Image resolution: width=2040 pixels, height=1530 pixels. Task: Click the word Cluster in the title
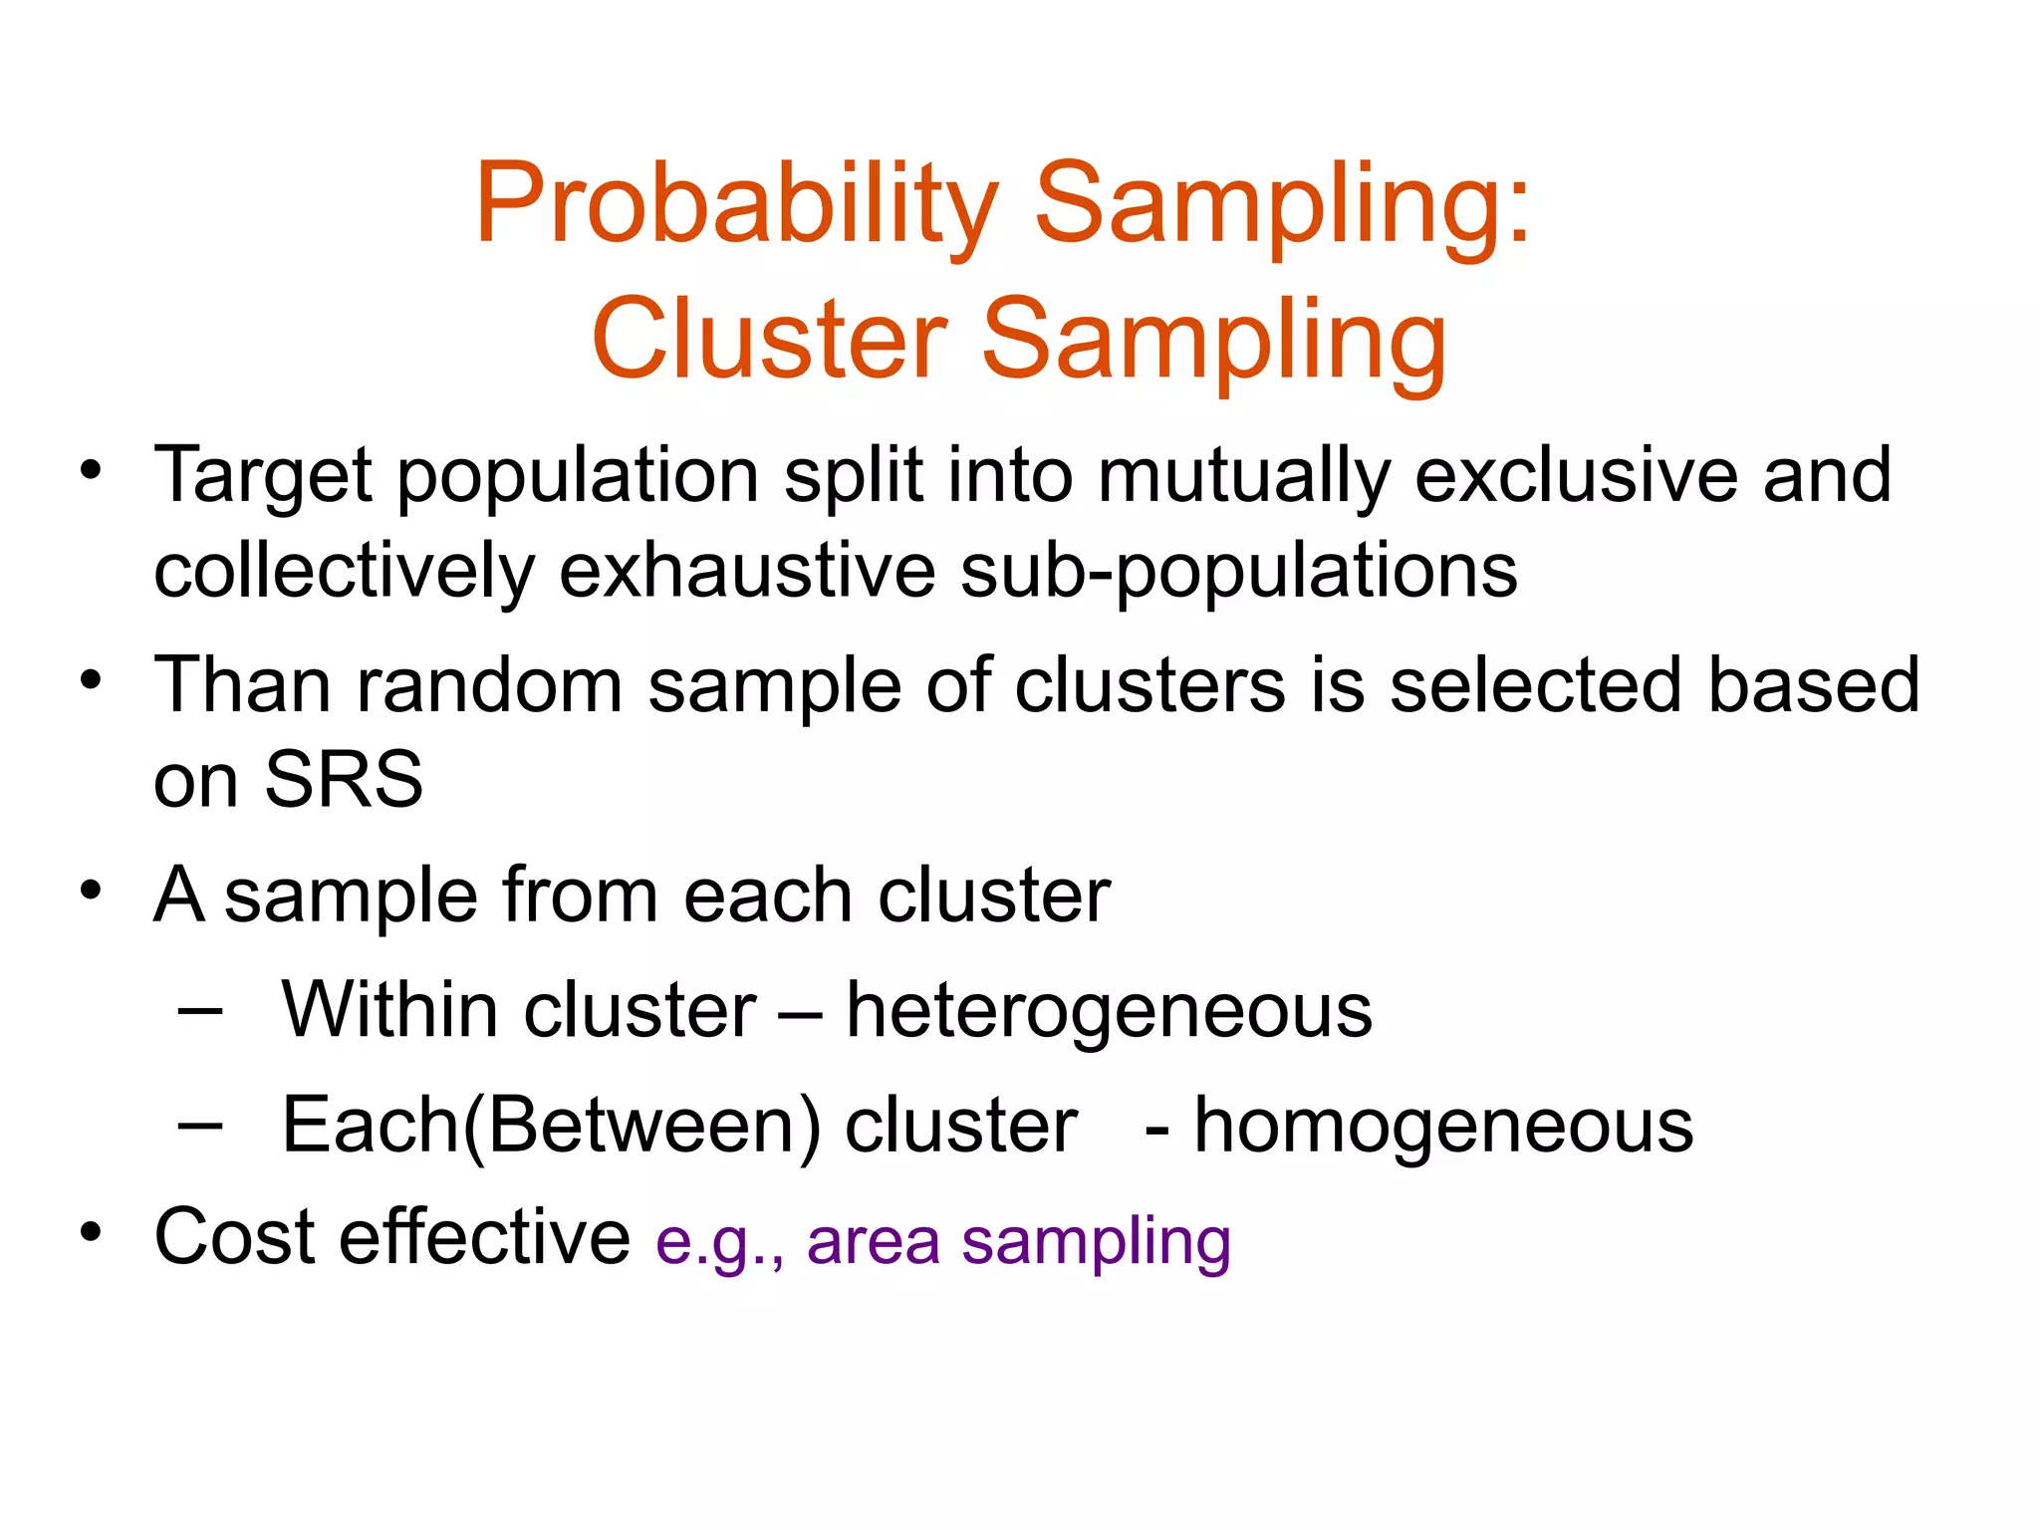point(768,340)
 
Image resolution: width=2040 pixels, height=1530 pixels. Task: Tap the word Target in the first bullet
point(263,476)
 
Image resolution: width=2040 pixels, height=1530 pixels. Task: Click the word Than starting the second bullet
point(242,684)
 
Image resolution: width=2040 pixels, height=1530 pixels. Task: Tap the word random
point(489,685)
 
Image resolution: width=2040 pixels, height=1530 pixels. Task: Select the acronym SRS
point(344,779)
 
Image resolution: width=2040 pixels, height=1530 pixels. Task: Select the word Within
point(388,1010)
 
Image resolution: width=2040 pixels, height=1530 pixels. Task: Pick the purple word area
point(873,1242)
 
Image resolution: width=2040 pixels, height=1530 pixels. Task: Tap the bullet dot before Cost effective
point(92,1233)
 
